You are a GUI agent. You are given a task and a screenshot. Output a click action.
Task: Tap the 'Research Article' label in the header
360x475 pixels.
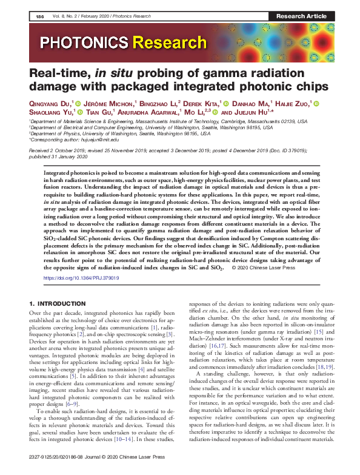[x=301, y=16]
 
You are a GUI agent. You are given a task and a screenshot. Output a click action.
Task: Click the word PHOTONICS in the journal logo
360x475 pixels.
[x=86, y=42]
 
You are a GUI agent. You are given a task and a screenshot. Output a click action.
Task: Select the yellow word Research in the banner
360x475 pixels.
[x=171, y=42]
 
